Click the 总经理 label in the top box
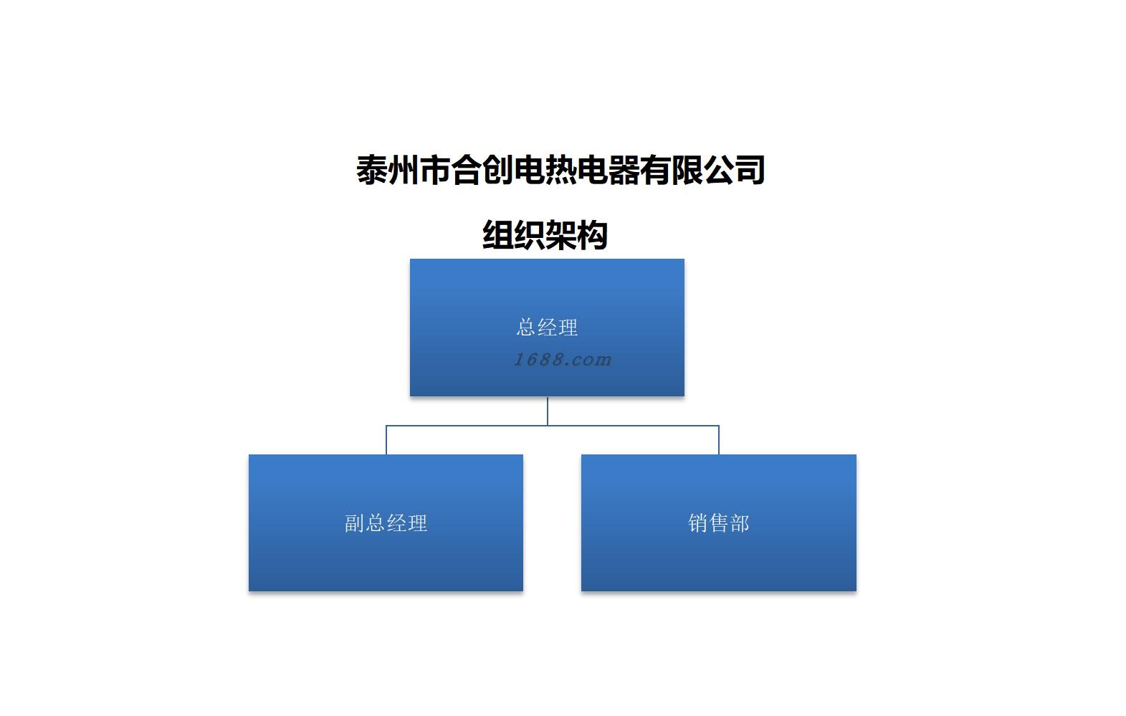[547, 328]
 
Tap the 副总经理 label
[386, 523]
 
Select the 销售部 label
[718, 523]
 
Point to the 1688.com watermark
[563, 359]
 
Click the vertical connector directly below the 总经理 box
[548, 411]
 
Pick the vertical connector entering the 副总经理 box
[386, 440]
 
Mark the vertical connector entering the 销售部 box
[719, 440]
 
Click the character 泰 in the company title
[372, 170]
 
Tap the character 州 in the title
[404, 170]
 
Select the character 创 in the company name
[498, 170]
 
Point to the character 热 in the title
[561, 170]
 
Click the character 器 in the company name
[624, 170]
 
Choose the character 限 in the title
[687, 170]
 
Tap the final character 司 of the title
[750, 170]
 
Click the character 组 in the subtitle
[498, 235]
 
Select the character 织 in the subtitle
[530, 235]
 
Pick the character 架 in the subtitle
[561, 235]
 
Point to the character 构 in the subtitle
[593, 235]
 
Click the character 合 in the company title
[467, 170]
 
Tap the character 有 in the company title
[656, 170]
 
